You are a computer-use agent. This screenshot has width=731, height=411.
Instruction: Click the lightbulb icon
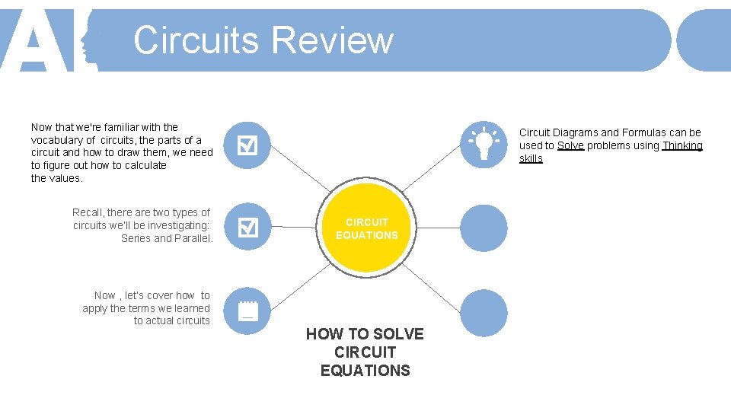(x=484, y=144)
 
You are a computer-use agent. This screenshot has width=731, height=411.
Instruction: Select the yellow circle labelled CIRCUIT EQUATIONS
(x=366, y=228)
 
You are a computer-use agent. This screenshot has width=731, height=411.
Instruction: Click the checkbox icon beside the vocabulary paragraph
(x=247, y=144)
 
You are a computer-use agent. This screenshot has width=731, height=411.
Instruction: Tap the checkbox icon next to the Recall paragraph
(x=247, y=227)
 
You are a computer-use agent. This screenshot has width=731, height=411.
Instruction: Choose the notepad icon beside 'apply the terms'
(x=247, y=311)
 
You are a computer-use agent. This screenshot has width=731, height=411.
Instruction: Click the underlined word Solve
(x=570, y=145)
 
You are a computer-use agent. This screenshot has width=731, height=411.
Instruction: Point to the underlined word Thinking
(x=682, y=145)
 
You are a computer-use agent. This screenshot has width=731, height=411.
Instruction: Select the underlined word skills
(x=531, y=158)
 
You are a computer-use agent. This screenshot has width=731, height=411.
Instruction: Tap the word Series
(x=136, y=238)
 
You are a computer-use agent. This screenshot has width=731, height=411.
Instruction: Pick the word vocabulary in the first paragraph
(x=57, y=140)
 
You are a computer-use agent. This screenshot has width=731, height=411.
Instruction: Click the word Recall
(x=88, y=212)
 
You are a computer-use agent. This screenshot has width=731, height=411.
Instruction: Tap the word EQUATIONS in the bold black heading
(x=365, y=371)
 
